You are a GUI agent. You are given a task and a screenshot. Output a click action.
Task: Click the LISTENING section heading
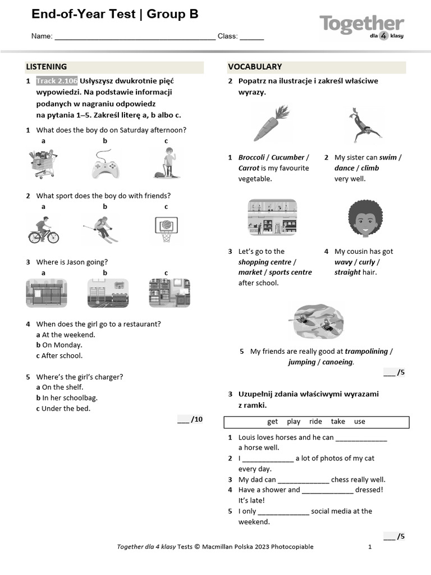point(47,67)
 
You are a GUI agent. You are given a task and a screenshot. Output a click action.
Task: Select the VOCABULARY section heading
point(255,67)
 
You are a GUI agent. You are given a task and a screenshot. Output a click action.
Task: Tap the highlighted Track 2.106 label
point(57,81)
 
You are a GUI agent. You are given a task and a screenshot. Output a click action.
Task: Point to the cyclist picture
point(43,230)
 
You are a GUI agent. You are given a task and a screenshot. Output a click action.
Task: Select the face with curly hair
point(365,218)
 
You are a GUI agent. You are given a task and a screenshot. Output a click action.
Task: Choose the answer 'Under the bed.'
point(66,409)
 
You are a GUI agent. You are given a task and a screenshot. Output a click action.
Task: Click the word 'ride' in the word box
point(315,422)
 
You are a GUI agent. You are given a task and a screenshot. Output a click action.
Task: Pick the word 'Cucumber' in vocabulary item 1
point(288,158)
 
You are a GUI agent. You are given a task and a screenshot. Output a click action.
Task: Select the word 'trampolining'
point(366,352)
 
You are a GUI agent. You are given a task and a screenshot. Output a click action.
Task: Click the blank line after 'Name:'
point(135,36)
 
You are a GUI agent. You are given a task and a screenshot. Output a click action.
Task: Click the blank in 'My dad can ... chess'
point(303,480)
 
